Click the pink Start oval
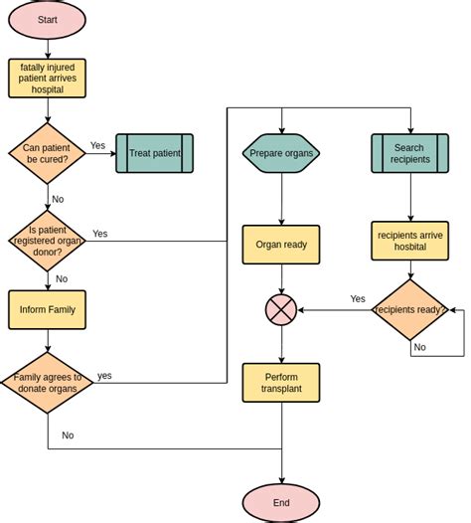point(47,20)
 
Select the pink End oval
point(281,503)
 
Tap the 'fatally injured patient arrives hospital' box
point(47,78)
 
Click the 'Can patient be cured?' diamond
point(46,153)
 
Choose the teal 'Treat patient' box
point(154,153)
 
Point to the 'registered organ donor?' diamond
point(47,237)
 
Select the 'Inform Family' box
point(47,309)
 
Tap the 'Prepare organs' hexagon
point(281,153)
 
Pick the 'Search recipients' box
point(409,153)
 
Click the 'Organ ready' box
point(281,245)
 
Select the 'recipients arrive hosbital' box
point(409,241)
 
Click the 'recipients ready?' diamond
point(409,310)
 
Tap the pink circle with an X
point(281,310)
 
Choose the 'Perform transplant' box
point(281,383)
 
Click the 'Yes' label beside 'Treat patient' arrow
point(97,145)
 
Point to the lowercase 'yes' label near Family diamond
point(104,376)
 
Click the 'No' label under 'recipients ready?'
point(419,347)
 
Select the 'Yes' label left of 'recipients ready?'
point(358,298)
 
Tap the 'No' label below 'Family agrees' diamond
point(68,435)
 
